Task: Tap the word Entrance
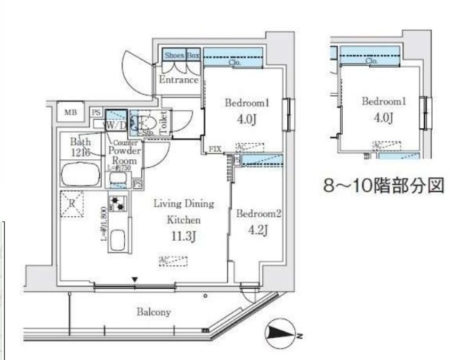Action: [x=179, y=80]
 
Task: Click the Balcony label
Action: [x=154, y=311]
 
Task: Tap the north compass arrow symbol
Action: [x=281, y=333]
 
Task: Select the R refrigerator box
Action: [x=71, y=204]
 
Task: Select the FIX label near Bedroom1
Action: [x=215, y=149]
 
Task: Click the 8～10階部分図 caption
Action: [x=385, y=186]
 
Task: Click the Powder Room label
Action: [x=124, y=155]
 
